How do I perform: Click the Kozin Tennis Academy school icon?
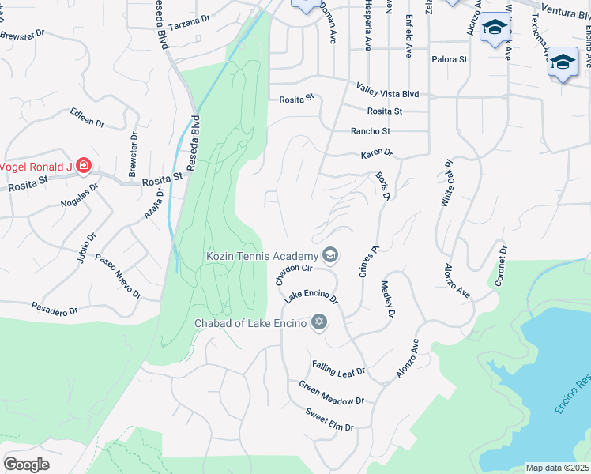[329, 255]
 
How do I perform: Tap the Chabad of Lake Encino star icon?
[319, 322]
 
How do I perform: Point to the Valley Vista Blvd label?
[387, 93]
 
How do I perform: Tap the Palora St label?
[450, 59]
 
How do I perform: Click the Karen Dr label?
[376, 152]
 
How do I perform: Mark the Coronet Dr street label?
[501, 265]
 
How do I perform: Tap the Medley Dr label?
[387, 299]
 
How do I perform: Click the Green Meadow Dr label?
[331, 393]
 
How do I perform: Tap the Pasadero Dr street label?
[55, 308]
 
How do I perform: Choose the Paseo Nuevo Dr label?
[118, 276]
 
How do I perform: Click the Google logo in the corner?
[27, 464]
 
